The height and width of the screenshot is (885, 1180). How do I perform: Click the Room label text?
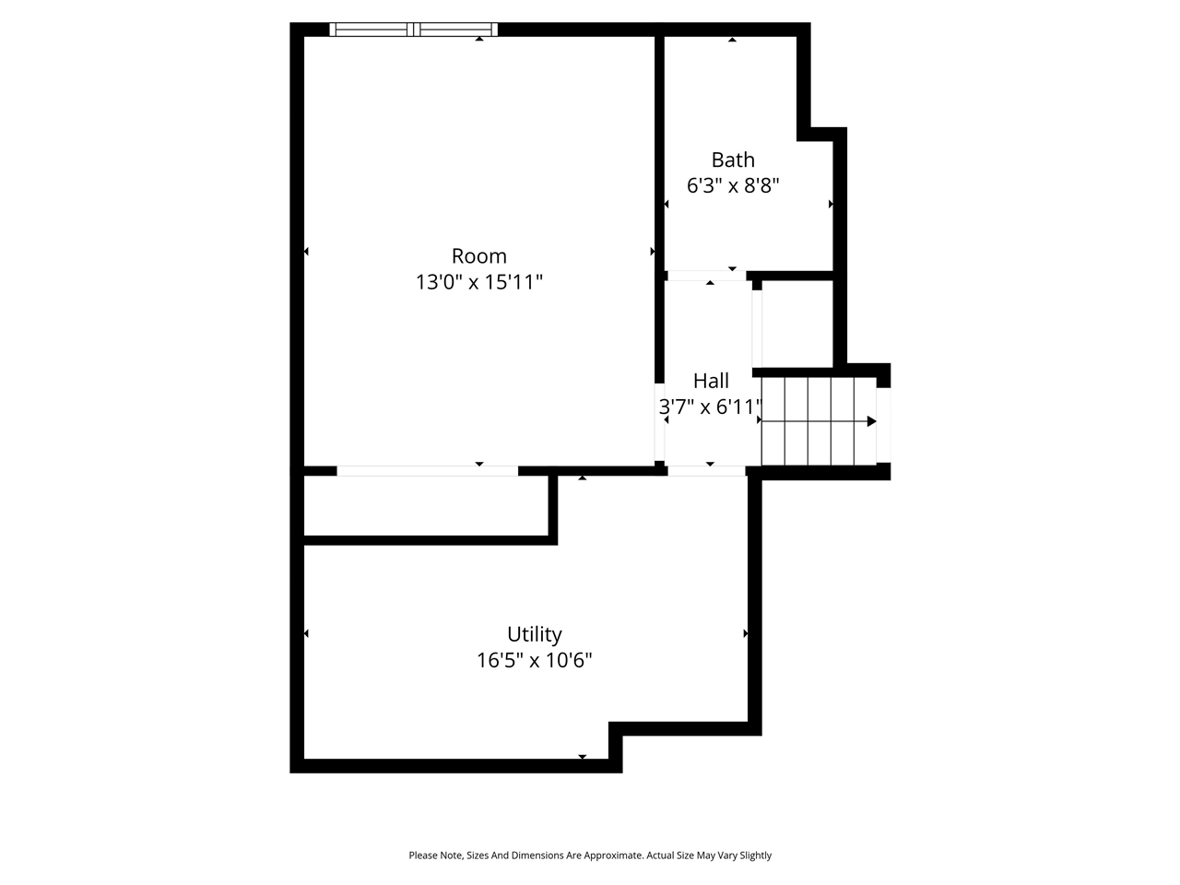click(478, 256)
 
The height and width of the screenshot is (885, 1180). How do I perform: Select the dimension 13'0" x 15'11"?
click(478, 282)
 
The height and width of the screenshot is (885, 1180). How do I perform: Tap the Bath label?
click(733, 160)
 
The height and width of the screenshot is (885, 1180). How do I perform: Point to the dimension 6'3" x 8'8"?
click(733, 185)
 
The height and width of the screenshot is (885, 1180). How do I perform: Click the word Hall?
click(711, 381)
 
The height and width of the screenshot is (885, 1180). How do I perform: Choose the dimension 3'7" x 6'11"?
click(711, 407)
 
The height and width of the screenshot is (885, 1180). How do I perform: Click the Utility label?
click(534, 634)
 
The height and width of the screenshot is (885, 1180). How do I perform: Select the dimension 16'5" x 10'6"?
click(534, 660)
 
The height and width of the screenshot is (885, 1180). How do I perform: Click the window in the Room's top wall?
click(414, 29)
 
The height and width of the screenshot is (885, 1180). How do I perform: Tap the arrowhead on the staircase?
click(871, 421)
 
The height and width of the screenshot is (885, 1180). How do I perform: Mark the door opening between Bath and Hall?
click(705, 276)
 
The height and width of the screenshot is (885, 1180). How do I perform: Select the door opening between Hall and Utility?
click(705, 471)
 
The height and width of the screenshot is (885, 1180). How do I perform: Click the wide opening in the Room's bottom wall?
click(427, 471)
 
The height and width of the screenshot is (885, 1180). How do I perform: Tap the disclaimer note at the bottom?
click(590, 855)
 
